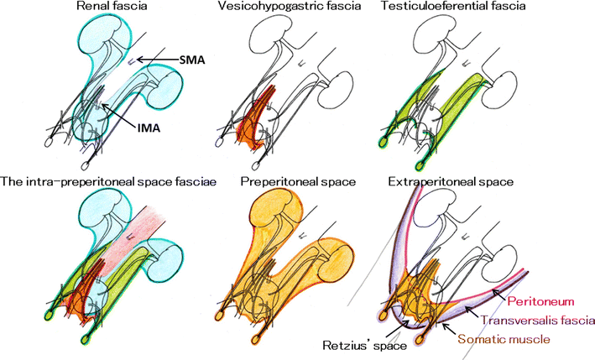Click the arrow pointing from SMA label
pyautogui.click(x=155, y=59)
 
